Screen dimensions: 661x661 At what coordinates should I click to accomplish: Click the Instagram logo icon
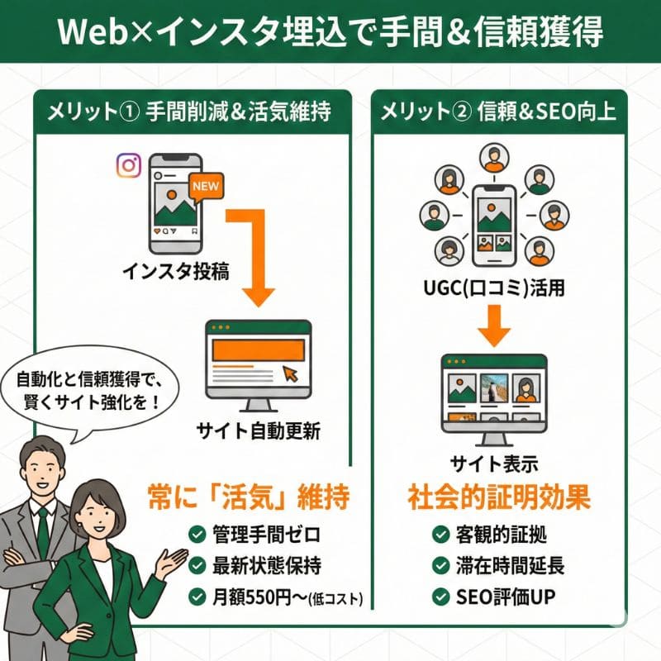pyautogui.click(x=128, y=164)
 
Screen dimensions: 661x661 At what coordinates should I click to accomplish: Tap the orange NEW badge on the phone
pyautogui.click(x=205, y=186)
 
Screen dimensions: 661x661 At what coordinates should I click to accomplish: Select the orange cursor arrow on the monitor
pyautogui.click(x=291, y=374)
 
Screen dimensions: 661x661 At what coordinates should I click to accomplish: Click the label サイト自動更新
pyautogui.click(x=258, y=430)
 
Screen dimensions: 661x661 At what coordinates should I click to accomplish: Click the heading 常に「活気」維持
pyautogui.click(x=248, y=497)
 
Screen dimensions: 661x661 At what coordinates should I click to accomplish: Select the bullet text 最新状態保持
pyautogui.click(x=261, y=566)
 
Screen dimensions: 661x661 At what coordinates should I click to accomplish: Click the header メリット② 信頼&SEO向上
pyautogui.click(x=497, y=112)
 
